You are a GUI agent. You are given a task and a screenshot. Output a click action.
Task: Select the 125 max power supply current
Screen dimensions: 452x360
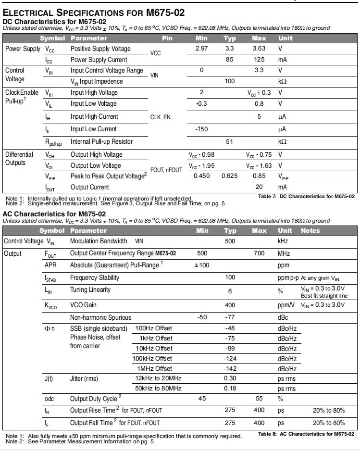[x=259, y=60]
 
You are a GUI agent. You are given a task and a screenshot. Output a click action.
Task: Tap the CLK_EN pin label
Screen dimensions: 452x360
[x=161, y=116]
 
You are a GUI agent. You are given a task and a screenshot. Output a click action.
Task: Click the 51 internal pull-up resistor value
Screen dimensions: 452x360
[x=230, y=141]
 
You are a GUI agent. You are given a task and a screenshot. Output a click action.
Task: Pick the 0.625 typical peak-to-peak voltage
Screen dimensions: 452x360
[x=230, y=176]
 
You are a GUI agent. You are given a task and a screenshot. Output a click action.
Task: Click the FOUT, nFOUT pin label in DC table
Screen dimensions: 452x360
[x=167, y=170]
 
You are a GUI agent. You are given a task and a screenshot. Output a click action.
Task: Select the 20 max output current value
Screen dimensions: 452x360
[x=259, y=187]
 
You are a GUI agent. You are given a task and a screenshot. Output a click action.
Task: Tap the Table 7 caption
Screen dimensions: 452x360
[x=306, y=196]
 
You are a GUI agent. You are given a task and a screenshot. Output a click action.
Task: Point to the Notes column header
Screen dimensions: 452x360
[x=310, y=230]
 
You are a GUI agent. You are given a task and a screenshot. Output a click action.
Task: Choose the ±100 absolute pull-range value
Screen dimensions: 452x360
[x=201, y=265]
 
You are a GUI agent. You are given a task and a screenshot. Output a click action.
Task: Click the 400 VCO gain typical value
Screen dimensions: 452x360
[x=230, y=305]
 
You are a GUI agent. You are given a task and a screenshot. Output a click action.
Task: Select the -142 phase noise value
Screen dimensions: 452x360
[x=230, y=368]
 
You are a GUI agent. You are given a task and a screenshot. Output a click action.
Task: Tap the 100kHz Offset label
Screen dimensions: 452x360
[x=153, y=358]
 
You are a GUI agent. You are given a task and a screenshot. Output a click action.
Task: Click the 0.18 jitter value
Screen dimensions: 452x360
[x=230, y=388]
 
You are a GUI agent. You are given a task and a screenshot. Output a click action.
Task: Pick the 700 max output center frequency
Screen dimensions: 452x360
[x=259, y=253]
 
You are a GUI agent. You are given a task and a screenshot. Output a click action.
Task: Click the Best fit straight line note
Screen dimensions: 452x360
[x=324, y=296]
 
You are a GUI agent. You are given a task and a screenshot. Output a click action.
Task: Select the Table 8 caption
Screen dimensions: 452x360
[x=306, y=434]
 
